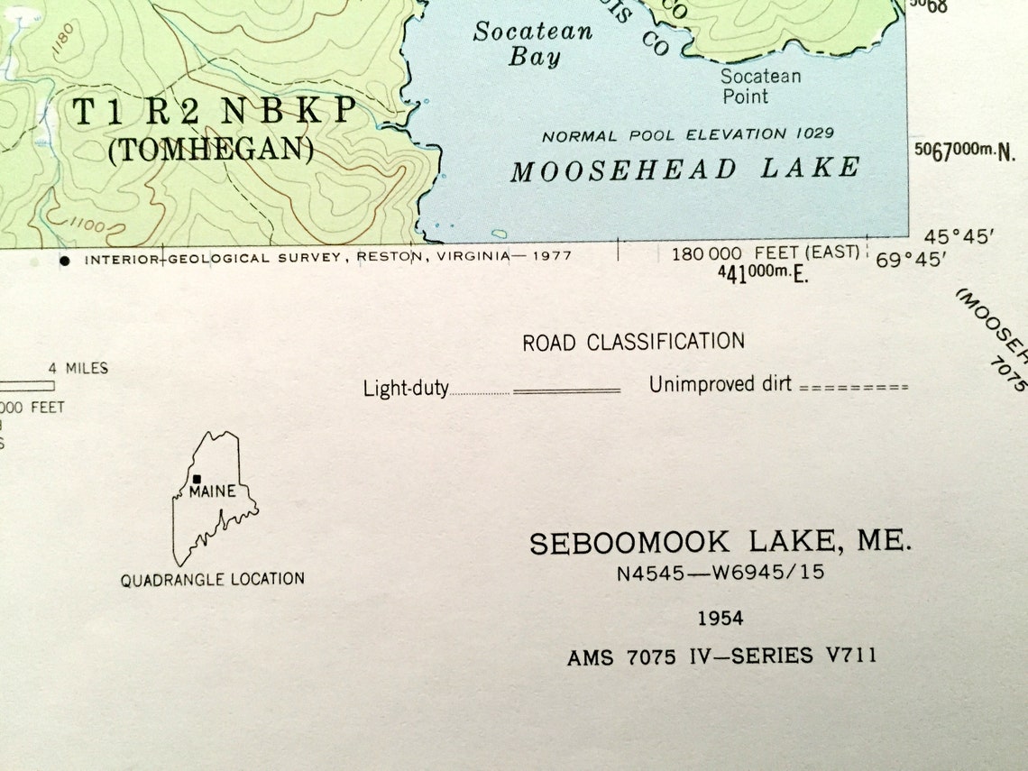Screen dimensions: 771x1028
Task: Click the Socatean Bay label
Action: (533, 44)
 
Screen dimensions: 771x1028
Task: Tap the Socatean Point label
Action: (759, 86)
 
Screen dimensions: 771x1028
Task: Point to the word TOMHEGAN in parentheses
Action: (211, 149)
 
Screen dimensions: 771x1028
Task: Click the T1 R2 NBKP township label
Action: (214, 111)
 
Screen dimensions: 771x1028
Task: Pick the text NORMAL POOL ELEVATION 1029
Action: (687, 134)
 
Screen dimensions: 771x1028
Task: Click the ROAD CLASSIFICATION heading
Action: (633, 342)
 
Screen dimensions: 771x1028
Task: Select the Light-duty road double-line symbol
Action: (566, 390)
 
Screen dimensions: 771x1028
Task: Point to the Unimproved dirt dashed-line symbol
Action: (853, 387)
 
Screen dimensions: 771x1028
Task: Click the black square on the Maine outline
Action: (197, 479)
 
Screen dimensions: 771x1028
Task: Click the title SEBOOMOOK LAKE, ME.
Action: (720, 543)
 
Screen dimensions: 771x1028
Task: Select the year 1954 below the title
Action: (720, 619)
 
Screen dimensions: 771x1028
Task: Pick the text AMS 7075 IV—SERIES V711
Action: (721, 656)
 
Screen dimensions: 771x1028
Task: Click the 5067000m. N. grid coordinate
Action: (964, 151)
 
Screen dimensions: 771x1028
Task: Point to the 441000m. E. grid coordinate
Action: (763, 274)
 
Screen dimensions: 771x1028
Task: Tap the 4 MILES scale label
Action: (78, 368)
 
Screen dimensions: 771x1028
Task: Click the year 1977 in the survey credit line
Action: (551, 257)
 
